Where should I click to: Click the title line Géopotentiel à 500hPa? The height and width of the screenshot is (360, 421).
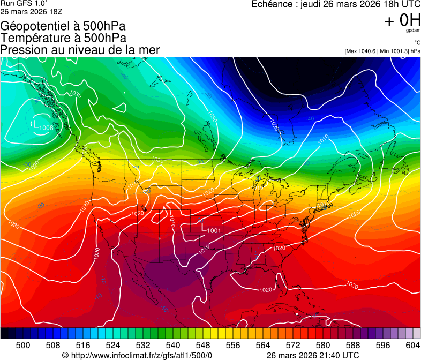pos(63,26)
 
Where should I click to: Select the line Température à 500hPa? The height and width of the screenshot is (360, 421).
pos(63,38)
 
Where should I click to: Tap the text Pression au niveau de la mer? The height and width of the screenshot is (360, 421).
pos(80,50)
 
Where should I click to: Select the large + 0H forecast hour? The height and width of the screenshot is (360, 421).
pos(402,20)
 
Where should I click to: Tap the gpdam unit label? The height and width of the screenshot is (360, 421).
pos(413,31)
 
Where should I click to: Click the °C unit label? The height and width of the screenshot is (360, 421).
pos(417,42)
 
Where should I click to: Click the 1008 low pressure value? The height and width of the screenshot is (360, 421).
pos(46,127)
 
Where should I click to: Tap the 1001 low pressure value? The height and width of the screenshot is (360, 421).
pos(214,230)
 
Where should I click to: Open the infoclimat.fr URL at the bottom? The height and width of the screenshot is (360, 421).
pos(142,355)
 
